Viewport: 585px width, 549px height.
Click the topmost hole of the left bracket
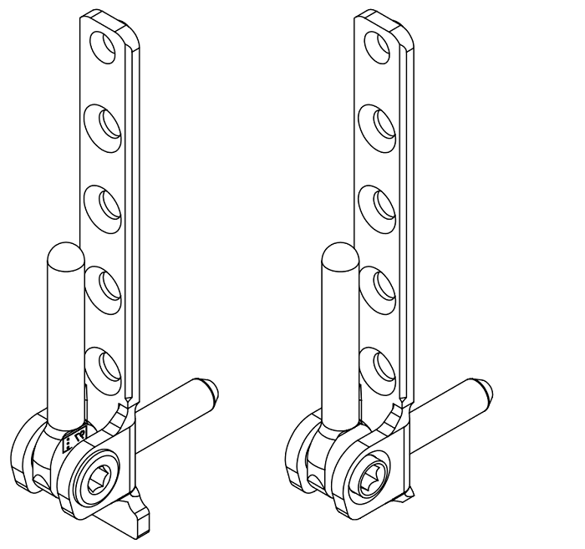(x=107, y=46)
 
